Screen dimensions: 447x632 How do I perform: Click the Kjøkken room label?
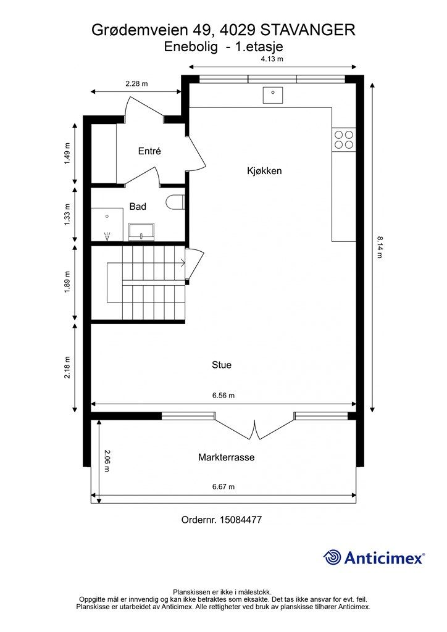click(x=264, y=171)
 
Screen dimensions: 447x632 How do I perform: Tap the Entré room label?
click(x=149, y=151)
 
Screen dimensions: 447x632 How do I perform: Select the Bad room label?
click(x=138, y=206)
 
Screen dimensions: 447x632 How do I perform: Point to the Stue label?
click(x=222, y=365)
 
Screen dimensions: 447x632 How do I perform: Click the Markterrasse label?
click(x=226, y=457)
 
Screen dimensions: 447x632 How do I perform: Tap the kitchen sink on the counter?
click(x=272, y=95)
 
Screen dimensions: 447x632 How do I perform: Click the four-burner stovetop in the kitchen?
click(x=344, y=139)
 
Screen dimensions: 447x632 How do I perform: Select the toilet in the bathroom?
click(x=175, y=202)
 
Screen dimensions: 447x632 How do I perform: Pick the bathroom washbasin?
click(x=141, y=231)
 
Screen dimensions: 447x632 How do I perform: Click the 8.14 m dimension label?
click(x=380, y=247)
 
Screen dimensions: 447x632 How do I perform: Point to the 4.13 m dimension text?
click(x=272, y=59)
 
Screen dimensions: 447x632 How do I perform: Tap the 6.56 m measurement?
click(x=223, y=396)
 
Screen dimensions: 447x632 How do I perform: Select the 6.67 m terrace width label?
click(x=223, y=486)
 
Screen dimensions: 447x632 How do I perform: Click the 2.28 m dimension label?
click(x=136, y=84)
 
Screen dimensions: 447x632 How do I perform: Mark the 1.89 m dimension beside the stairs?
click(x=67, y=282)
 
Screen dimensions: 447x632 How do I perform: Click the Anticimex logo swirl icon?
click(x=332, y=557)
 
